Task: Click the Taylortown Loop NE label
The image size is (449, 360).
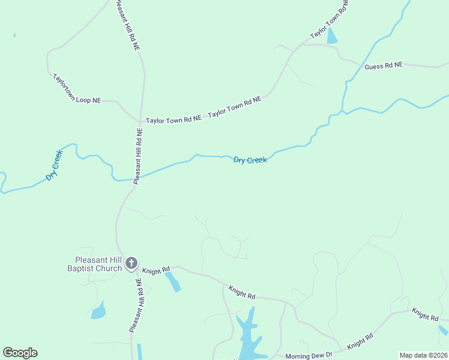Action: point(77,89)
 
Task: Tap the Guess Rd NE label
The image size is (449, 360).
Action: point(384,65)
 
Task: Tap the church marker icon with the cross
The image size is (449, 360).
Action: point(131,263)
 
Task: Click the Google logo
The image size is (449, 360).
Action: point(20,353)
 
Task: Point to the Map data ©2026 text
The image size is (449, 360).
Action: point(423,355)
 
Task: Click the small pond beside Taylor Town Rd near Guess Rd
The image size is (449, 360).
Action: point(332,37)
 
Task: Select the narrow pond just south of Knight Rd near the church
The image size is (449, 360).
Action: point(173,281)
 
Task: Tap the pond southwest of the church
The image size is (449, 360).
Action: point(98,311)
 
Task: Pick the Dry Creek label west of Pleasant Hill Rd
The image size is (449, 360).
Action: point(54,166)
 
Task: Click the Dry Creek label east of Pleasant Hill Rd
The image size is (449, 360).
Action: point(250,160)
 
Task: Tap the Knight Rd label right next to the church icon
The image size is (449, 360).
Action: point(156,271)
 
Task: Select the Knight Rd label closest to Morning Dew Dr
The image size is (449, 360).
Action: point(360,341)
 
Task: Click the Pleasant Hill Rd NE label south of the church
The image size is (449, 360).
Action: point(135,305)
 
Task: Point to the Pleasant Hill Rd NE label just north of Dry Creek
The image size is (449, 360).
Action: point(137,155)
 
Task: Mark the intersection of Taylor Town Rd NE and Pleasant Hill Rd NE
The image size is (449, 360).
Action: point(140,120)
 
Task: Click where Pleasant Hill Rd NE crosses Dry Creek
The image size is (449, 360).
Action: point(134,179)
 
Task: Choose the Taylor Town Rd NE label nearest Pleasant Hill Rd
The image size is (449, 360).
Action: point(173,120)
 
